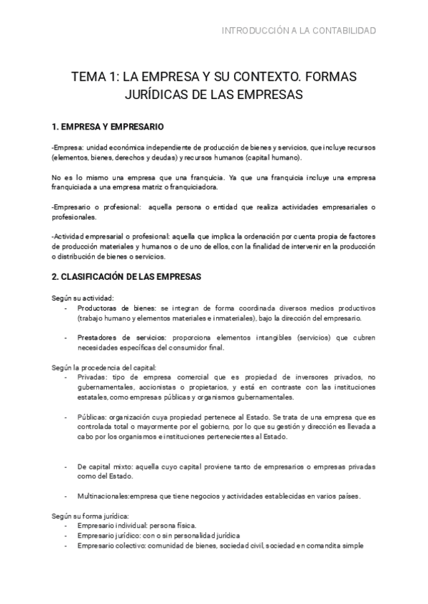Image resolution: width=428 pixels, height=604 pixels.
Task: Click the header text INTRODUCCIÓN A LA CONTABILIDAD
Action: point(299,31)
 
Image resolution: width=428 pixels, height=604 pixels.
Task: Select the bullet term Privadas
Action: point(92,377)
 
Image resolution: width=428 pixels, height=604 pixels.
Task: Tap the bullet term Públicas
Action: point(92,417)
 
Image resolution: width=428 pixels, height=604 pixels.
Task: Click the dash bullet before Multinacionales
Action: point(66,496)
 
